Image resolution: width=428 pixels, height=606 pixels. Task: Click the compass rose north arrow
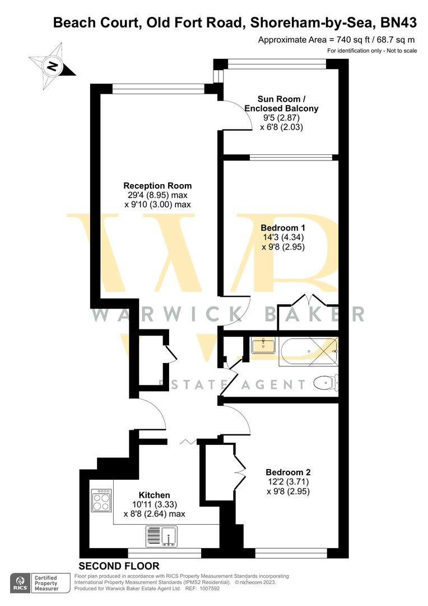click(x=52, y=67)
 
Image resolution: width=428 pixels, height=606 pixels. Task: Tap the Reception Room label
click(x=157, y=186)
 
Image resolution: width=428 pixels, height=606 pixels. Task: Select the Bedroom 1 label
click(x=283, y=228)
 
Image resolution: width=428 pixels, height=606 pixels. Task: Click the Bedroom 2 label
click(x=288, y=472)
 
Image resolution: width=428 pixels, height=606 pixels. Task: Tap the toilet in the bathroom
click(x=324, y=383)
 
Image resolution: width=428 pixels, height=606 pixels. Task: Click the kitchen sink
click(x=161, y=536)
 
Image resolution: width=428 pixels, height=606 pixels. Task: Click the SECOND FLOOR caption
click(x=119, y=566)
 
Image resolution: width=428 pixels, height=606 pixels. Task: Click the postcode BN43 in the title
click(x=398, y=22)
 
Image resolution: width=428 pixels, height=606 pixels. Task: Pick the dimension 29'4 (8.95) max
click(x=157, y=195)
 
